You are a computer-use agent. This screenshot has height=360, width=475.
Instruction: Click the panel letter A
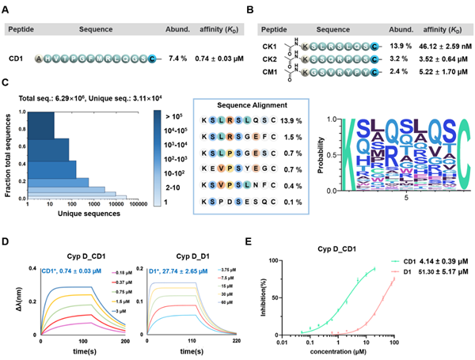(x=8, y=9)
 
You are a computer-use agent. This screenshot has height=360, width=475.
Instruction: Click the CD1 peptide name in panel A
(x=16, y=58)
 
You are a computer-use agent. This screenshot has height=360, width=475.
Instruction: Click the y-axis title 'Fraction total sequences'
(x=8, y=156)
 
